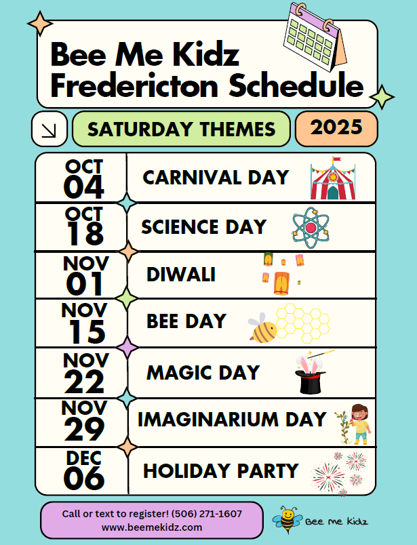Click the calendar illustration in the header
315,37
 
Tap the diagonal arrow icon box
49,129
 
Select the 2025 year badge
336,129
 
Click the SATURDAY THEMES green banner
181,129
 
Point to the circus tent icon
333,178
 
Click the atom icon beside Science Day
311,228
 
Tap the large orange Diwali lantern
281,283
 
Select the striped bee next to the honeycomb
262,329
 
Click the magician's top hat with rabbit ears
311,375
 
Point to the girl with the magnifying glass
360,424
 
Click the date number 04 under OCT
84,187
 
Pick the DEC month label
84,458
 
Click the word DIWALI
181,275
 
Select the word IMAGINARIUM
208,419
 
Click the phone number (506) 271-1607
207,514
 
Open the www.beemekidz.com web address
152,527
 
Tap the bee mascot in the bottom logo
286,520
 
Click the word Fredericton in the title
134,85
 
